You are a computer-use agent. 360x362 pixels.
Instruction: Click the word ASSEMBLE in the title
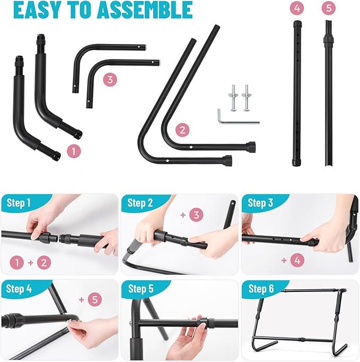pos(144,10)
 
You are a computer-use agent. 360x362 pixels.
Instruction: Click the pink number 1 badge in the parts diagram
pos(74,152)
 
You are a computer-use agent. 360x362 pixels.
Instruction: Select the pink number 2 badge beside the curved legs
pos(182,130)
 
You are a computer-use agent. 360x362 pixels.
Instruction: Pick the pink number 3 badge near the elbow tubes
pos(110,80)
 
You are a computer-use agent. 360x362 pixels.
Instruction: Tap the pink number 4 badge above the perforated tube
pos(297,8)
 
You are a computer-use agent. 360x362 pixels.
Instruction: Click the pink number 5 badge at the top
pos(329,8)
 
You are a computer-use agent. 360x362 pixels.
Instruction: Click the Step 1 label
pos(19,203)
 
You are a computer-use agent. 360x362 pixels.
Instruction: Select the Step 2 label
pos(140,203)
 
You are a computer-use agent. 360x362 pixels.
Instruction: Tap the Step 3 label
pos(260,203)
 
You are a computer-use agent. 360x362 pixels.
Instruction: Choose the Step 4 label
pos(19,289)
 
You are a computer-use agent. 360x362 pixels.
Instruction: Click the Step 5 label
pos(141,289)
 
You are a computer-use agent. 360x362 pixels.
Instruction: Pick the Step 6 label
pos(261,289)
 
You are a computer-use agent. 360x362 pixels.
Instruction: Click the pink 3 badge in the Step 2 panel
pos(196,215)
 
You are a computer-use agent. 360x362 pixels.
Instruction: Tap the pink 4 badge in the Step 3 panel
pos(297,261)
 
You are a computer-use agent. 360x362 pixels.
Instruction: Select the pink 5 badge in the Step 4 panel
pos(95,300)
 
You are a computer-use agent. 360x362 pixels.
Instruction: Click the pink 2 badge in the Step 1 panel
pos(44,263)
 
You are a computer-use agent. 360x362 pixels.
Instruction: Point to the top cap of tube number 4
pos(297,24)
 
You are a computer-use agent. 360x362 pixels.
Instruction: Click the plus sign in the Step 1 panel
pos(31,263)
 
